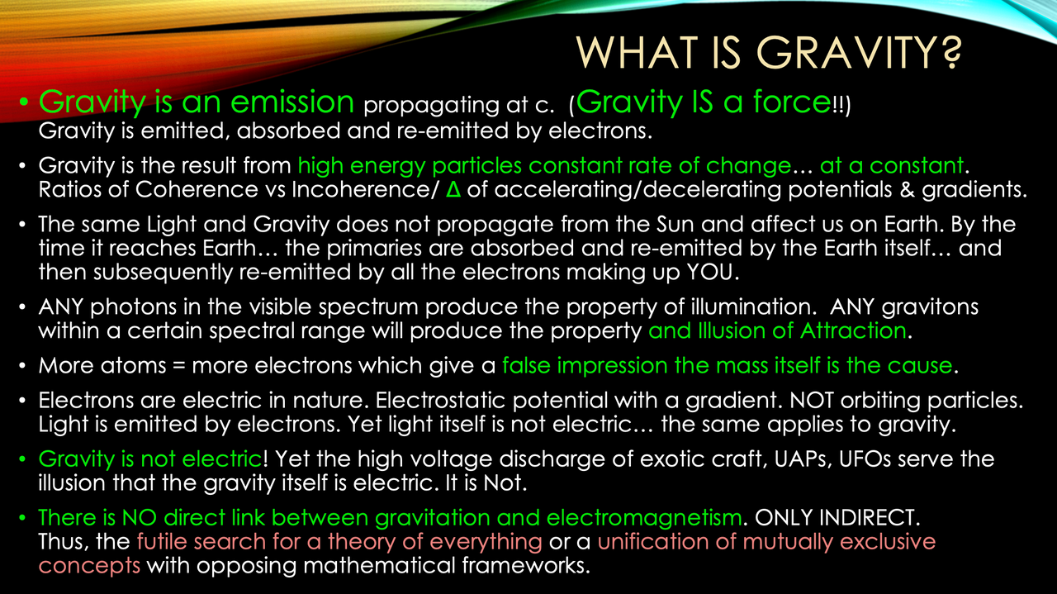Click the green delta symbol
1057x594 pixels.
coord(452,189)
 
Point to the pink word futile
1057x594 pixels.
coord(163,542)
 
